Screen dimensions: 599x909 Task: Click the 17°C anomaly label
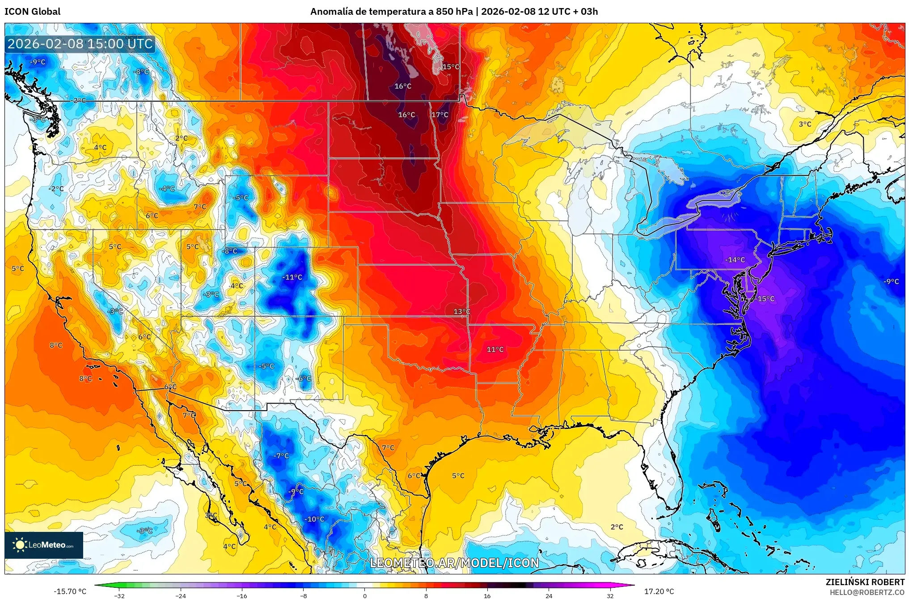[440, 115]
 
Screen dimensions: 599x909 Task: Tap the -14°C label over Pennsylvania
[735, 260]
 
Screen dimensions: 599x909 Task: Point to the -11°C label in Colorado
[292, 277]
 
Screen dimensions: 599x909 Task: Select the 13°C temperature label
[462, 311]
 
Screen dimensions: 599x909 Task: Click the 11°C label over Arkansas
[495, 349]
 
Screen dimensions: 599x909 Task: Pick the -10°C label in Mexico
[314, 519]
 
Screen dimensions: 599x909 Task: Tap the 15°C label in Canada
[451, 67]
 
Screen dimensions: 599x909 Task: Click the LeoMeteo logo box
[44, 545]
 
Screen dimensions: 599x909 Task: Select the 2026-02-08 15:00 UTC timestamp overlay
[80, 44]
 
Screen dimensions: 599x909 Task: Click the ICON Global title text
[32, 12]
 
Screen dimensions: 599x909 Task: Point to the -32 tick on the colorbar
[119, 595]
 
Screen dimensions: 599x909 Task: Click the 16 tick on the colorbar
[487, 595]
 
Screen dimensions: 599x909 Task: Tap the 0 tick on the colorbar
[365, 595]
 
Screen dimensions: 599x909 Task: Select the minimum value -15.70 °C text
[70, 591]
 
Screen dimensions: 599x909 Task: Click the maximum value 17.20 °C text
[659, 591]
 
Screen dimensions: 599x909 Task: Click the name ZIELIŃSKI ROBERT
[865, 582]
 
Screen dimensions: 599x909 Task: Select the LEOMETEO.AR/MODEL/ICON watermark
[454, 563]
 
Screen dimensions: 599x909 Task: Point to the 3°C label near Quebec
[805, 124]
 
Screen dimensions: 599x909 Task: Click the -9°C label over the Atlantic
[891, 281]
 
